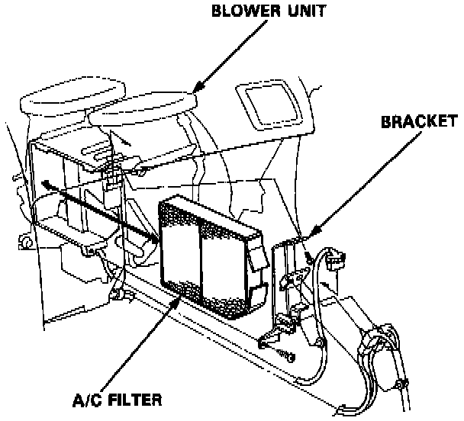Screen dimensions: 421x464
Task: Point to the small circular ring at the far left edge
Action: coord(25,243)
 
